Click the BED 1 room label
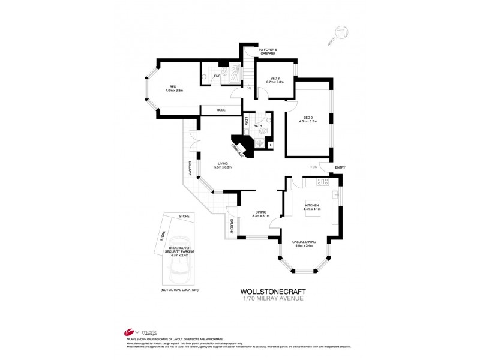(174, 88)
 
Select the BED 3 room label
(275, 79)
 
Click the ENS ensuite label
(218, 76)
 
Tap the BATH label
(257, 126)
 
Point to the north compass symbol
(342, 33)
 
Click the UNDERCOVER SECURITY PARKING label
(179, 251)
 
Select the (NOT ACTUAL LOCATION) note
(179, 290)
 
